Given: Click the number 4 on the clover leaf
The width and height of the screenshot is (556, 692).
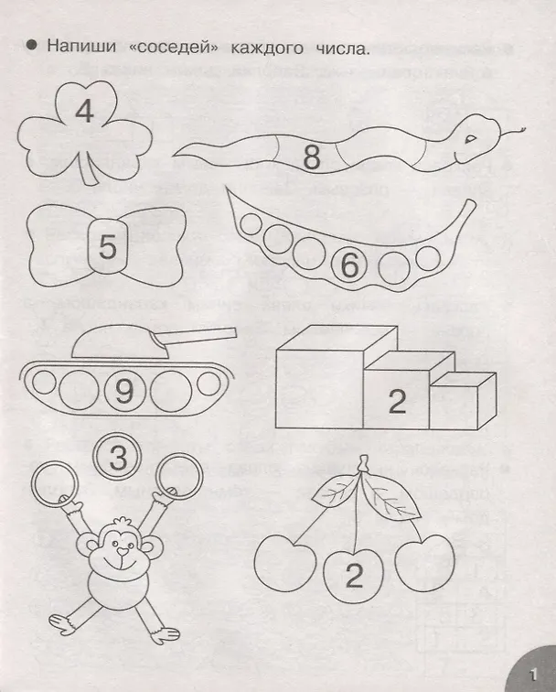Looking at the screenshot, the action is (x=85, y=112).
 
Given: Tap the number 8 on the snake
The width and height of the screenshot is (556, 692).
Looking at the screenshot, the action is (x=312, y=157).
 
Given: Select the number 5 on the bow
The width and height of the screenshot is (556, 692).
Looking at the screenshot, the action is (x=108, y=246).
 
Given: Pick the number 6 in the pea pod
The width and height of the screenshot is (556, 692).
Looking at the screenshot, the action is (x=350, y=265).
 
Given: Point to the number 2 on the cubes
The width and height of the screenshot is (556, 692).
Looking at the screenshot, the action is (x=397, y=401).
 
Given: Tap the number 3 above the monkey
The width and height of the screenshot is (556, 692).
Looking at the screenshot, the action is (x=118, y=458).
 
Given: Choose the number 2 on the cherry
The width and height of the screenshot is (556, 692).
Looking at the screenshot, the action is (x=354, y=576).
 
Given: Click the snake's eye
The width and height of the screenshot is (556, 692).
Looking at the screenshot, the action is (x=471, y=138).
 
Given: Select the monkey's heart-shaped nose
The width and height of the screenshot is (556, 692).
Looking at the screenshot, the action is (x=123, y=552).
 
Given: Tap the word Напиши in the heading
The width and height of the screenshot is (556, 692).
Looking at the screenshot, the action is (x=81, y=47).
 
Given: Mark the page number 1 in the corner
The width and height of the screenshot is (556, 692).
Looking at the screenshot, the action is (x=533, y=675).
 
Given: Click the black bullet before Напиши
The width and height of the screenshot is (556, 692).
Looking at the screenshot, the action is (x=32, y=46).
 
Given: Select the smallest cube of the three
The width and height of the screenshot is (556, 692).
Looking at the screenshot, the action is (x=463, y=400).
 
